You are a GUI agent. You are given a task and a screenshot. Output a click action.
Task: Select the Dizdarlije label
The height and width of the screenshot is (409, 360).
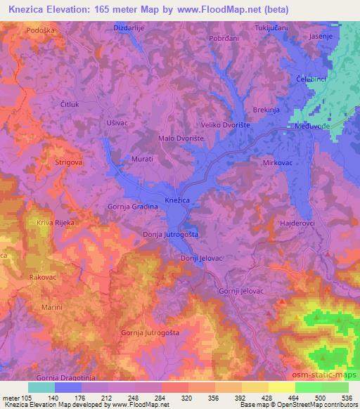(x=129, y=27)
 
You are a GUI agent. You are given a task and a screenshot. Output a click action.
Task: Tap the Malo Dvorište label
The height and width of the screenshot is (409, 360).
(x=181, y=138)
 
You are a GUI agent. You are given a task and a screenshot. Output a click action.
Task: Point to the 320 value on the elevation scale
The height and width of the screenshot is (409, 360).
(x=187, y=397)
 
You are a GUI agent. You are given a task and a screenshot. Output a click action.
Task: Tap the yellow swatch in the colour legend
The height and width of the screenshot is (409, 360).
(x=282, y=387)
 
